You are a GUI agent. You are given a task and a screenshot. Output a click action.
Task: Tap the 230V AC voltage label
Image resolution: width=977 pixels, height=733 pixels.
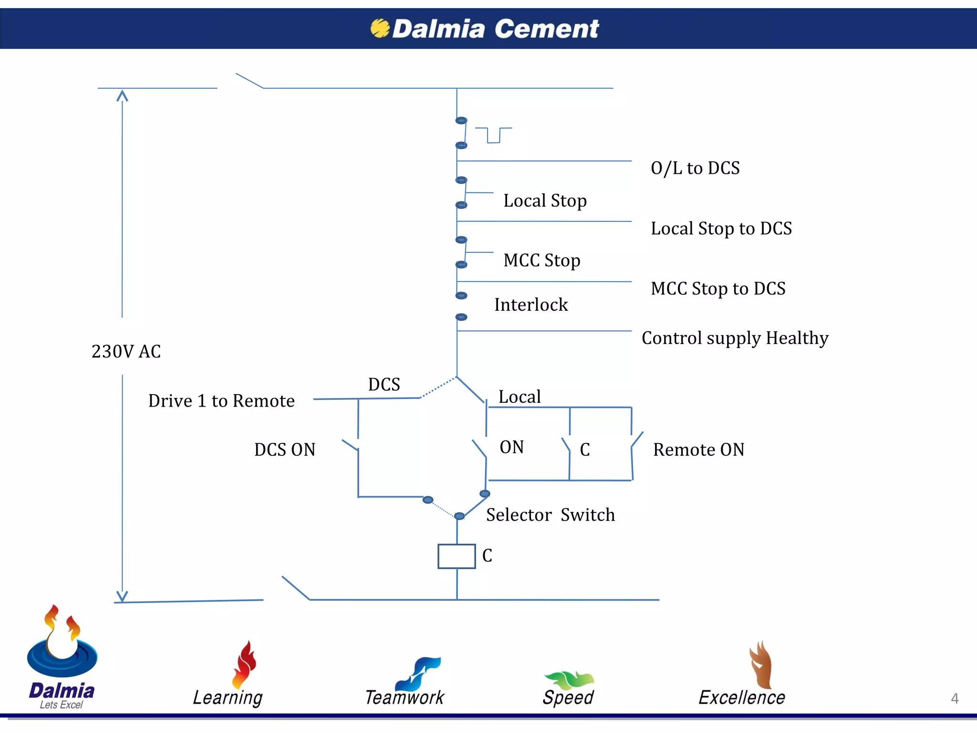(x=126, y=352)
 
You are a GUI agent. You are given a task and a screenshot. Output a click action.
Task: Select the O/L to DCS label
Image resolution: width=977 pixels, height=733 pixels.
(x=695, y=168)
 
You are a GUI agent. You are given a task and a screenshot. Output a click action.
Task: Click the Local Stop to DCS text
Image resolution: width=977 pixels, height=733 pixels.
(x=721, y=229)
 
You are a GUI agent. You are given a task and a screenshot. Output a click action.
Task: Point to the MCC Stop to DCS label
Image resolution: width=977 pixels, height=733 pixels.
(x=718, y=289)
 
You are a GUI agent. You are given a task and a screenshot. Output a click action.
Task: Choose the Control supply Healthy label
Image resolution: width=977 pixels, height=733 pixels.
(x=735, y=338)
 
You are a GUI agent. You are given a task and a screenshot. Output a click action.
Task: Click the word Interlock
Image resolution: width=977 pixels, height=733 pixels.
(x=531, y=305)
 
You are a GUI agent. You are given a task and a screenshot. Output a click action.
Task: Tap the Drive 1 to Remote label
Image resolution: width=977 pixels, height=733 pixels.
(x=221, y=401)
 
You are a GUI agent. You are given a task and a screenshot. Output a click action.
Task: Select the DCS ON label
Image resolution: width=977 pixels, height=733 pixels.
(x=285, y=450)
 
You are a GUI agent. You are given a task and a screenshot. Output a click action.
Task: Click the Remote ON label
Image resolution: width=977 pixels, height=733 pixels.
(x=698, y=450)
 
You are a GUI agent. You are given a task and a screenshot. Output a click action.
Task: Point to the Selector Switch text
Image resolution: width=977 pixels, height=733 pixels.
(x=551, y=515)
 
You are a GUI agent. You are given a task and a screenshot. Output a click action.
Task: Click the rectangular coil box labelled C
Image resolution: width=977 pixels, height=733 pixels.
(x=457, y=556)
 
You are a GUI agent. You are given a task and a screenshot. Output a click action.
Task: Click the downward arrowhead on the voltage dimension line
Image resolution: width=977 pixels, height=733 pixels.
(x=123, y=597)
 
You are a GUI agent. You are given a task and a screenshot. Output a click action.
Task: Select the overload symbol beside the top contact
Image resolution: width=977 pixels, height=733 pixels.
(x=493, y=135)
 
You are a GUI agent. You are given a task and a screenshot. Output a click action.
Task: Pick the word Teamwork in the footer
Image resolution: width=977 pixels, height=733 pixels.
(x=405, y=698)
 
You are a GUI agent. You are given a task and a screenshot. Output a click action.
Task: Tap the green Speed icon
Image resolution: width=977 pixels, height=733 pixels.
(x=569, y=680)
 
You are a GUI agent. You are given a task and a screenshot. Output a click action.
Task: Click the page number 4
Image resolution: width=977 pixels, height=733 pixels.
(x=954, y=699)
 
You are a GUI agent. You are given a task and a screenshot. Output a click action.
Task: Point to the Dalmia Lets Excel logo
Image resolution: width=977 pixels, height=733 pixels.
(x=62, y=659)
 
